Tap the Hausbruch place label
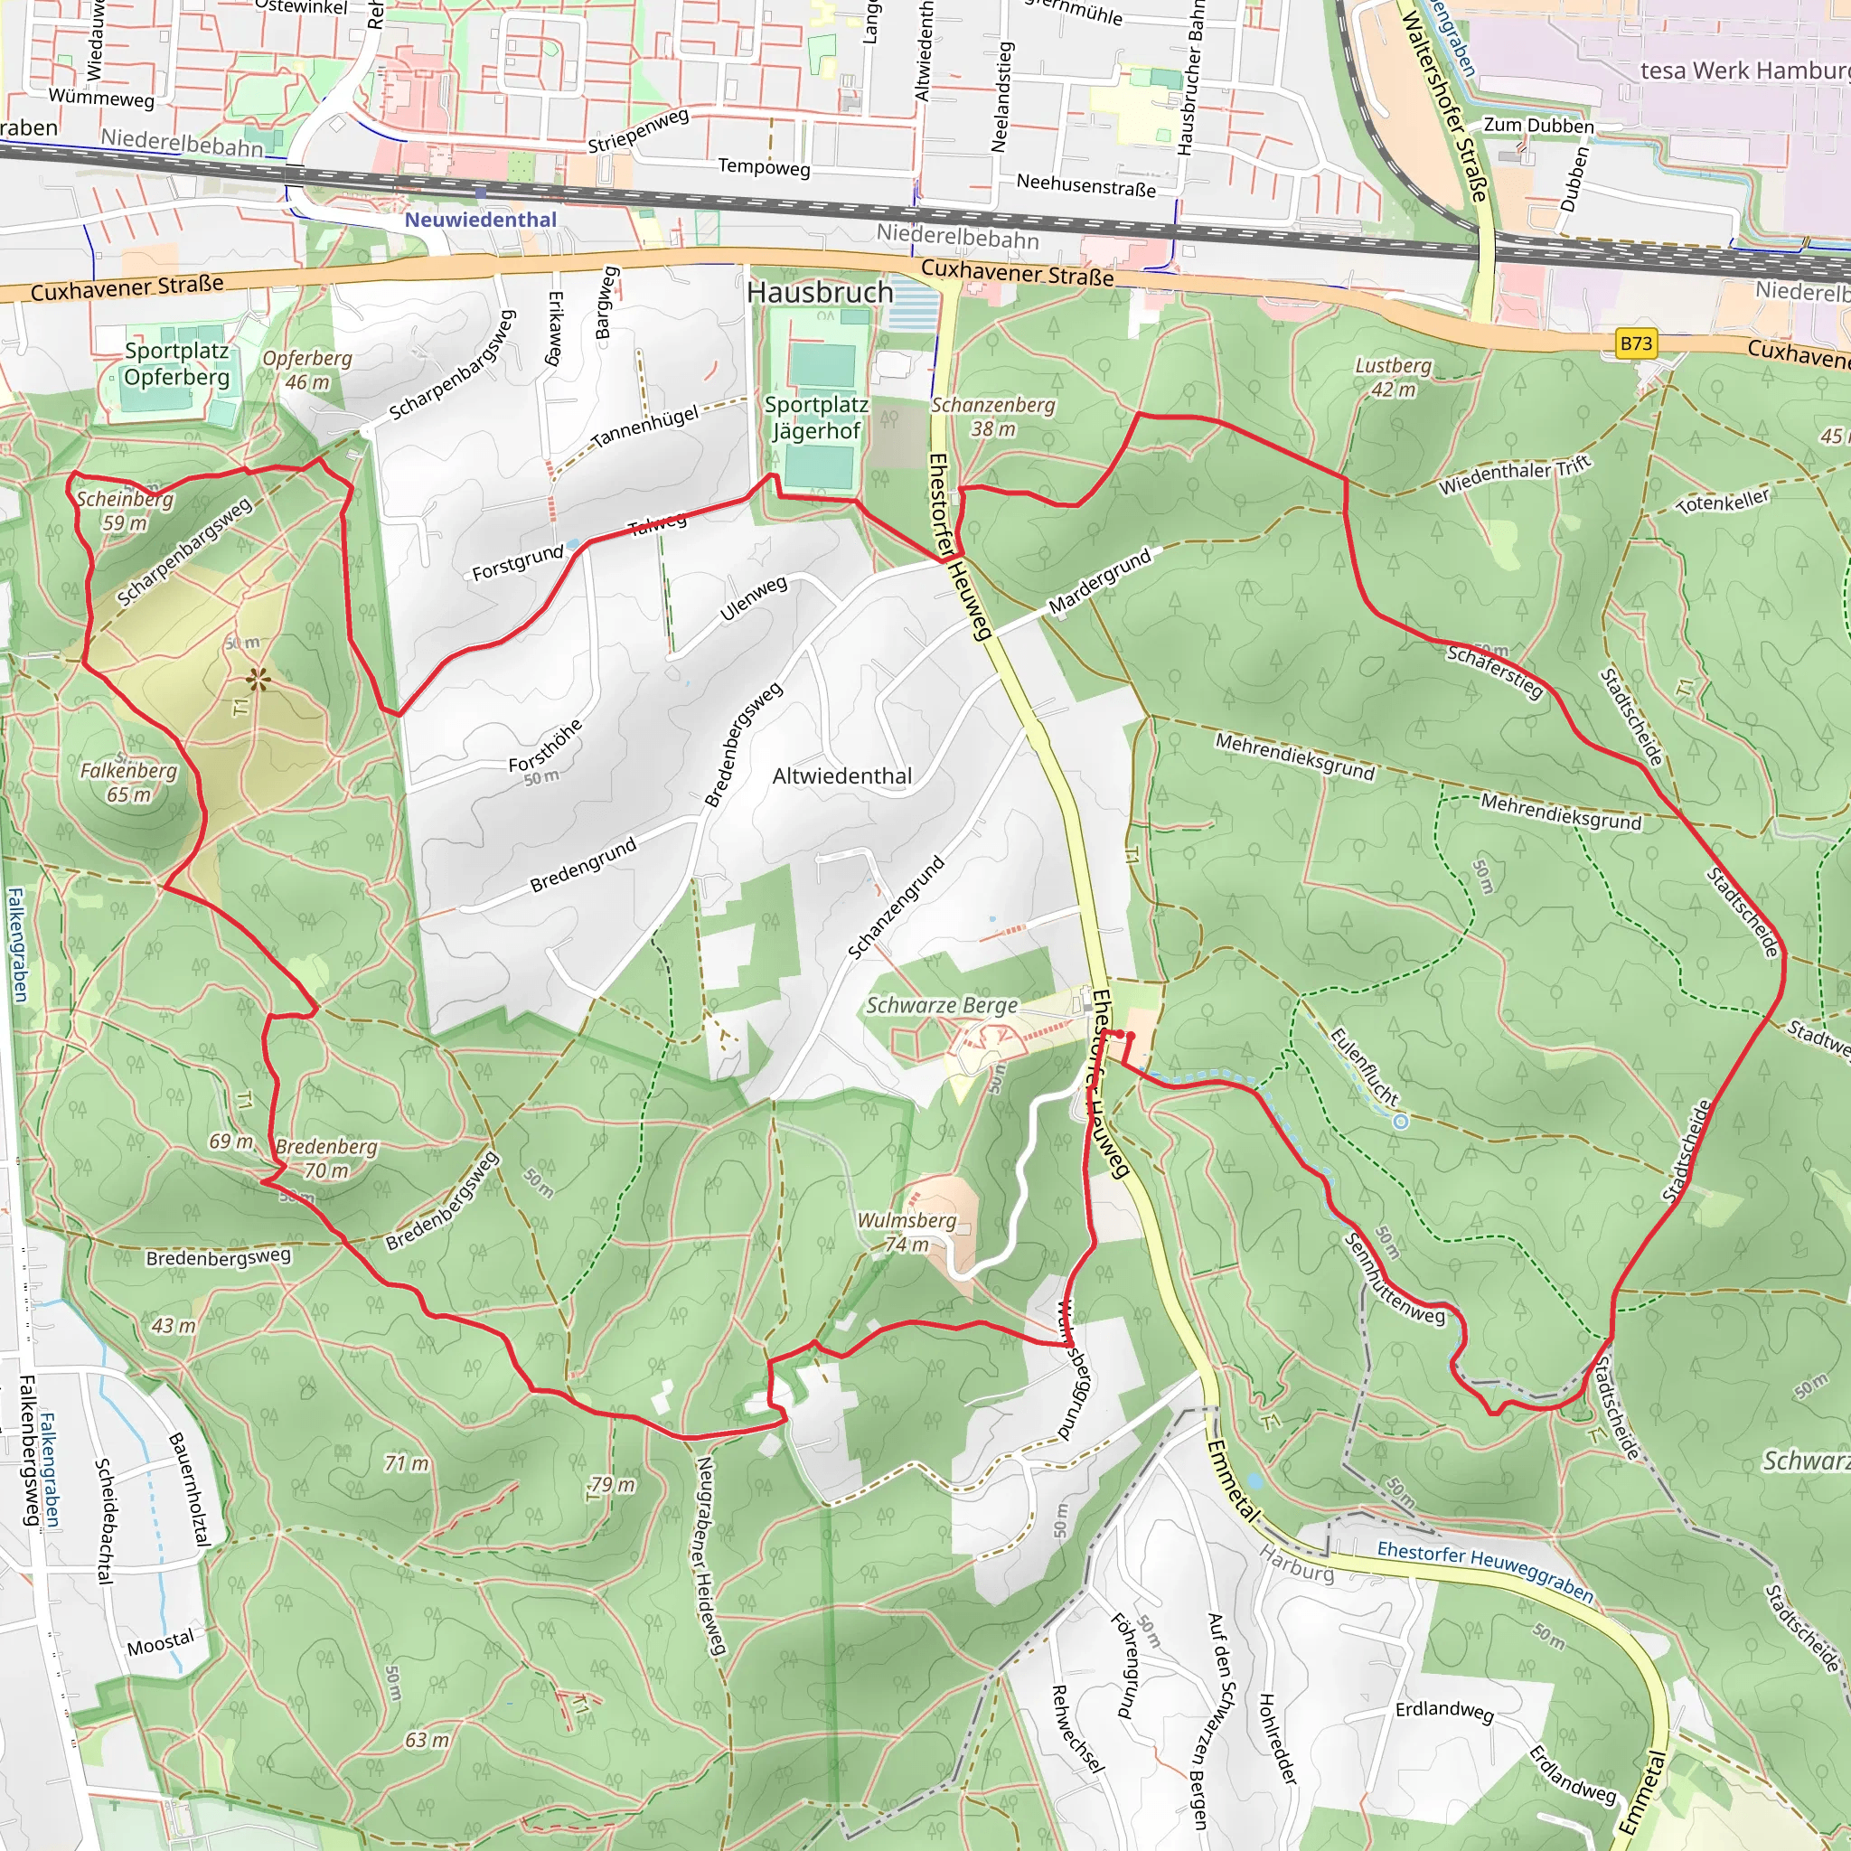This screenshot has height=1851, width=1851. click(x=819, y=292)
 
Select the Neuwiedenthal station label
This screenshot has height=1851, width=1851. click(x=480, y=220)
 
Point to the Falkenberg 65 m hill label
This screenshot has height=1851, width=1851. click(x=128, y=783)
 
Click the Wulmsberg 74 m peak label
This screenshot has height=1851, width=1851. click(x=907, y=1232)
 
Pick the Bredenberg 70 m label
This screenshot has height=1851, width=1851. click(x=326, y=1159)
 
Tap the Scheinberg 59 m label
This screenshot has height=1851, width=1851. click(x=125, y=511)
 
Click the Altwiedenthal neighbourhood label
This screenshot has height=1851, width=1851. click(x=842, y=776)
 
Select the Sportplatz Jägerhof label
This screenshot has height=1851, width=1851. click(x=816, y=418)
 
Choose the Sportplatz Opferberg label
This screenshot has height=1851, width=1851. click(x=176, y=364)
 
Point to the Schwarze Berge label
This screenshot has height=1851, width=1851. click(x=942, y=1005)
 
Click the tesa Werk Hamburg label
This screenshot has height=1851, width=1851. click(x=1743, y=70)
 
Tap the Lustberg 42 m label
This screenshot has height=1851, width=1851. click(x=1393, y=378)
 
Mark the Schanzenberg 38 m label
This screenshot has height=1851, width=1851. click(x=993, y=417)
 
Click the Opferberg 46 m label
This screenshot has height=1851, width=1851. click(x=307, y=370)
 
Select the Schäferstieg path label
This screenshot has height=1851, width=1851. click(x=1495, y=671)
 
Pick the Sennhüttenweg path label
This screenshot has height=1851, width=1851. click(x=1394, y=1279)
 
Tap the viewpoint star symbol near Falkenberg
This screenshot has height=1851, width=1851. click(x=257, y=681)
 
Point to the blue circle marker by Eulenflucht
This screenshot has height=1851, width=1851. click(x=1401, y=1121)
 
